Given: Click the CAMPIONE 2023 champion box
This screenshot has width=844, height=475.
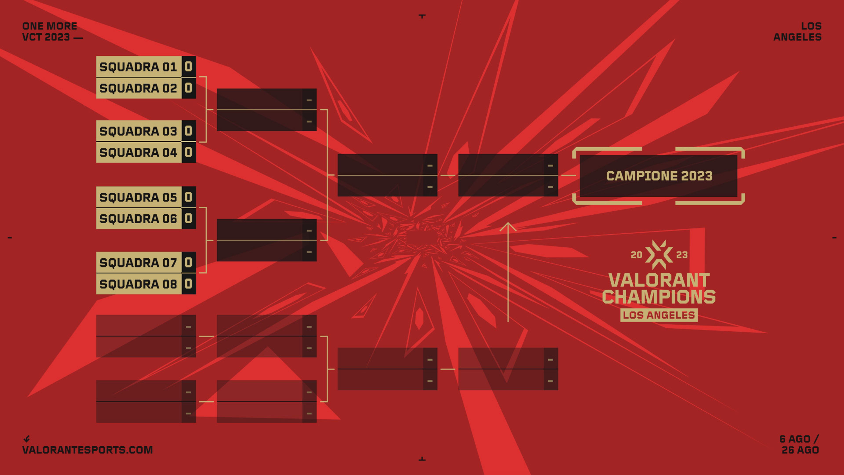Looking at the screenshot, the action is pos(658,176).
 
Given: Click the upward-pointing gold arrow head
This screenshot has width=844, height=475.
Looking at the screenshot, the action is pos(508,226).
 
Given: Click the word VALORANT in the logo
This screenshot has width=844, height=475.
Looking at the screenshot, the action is pos(659,280).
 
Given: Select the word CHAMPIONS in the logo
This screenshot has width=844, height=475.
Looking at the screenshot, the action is pos(659,296).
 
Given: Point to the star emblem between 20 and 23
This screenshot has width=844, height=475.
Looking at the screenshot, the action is pos(659,255).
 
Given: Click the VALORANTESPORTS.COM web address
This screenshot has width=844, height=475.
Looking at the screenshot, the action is pos(87,450).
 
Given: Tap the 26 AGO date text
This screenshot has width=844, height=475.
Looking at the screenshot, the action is pos(800,450).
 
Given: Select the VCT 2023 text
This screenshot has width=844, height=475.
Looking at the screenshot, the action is pos(46,37).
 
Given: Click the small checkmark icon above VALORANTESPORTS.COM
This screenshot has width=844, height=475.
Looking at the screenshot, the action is pos(27,439).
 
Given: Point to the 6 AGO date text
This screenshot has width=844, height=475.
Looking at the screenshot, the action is pos(795,439).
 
